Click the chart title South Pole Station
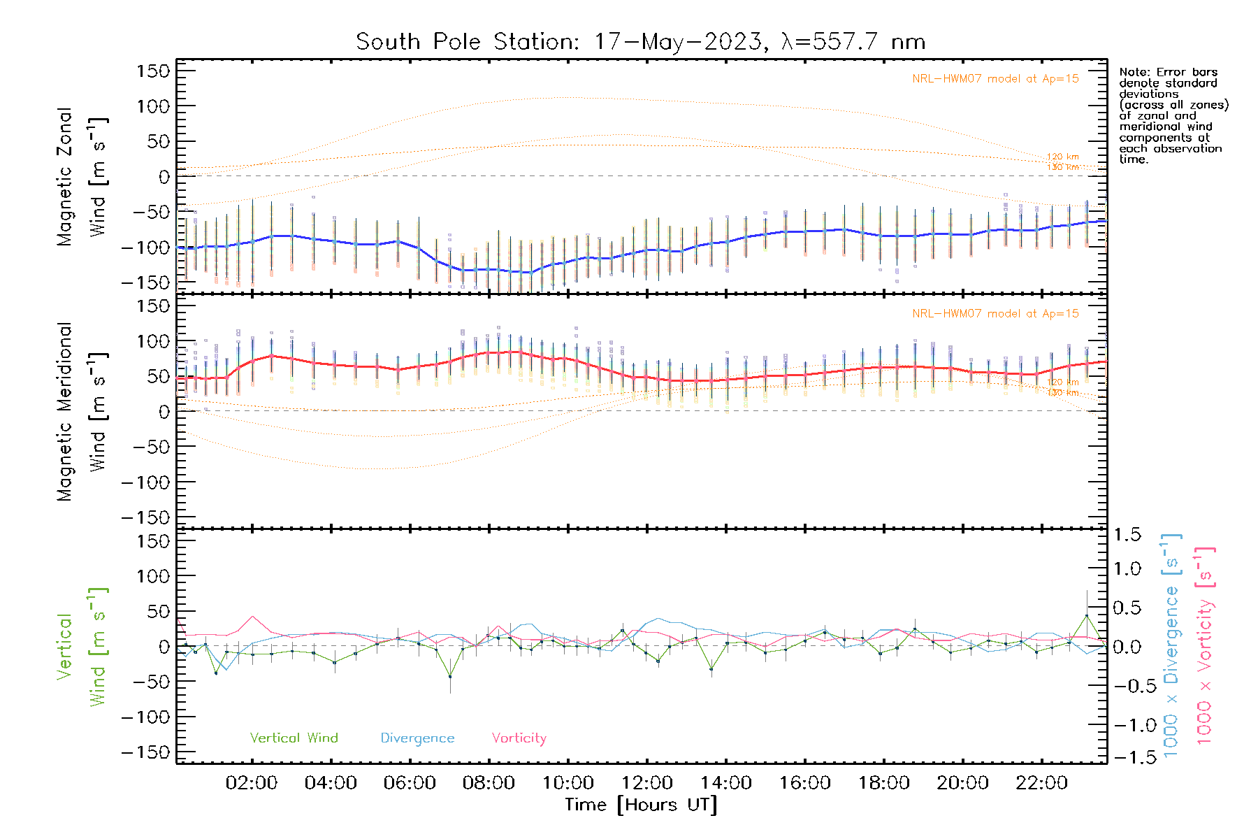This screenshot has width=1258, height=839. (640, 42)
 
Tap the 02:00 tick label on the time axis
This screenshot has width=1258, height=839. (252, 783)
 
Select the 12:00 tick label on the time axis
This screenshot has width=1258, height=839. (647, 783)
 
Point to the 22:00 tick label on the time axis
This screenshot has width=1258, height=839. (1041, 783)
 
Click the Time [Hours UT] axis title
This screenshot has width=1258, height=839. (641, 805)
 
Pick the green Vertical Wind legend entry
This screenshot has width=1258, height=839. (294, 738)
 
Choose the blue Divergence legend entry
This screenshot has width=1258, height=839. (417, 738)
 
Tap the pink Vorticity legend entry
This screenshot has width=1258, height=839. (519, 738)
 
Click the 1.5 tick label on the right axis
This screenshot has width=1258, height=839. (1127, 535)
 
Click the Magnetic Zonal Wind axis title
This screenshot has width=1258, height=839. (82, 176)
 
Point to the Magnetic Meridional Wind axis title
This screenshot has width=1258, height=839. (82, 411)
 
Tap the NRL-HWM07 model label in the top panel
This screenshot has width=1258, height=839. (995, 79)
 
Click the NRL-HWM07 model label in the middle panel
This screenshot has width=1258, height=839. (995, 314)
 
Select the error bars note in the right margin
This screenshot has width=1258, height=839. (1172, 115)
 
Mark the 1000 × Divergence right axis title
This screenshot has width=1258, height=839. (1171, 646)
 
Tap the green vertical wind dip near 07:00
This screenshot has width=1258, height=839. (450, 676)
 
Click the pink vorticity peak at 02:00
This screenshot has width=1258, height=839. (252, 617)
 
